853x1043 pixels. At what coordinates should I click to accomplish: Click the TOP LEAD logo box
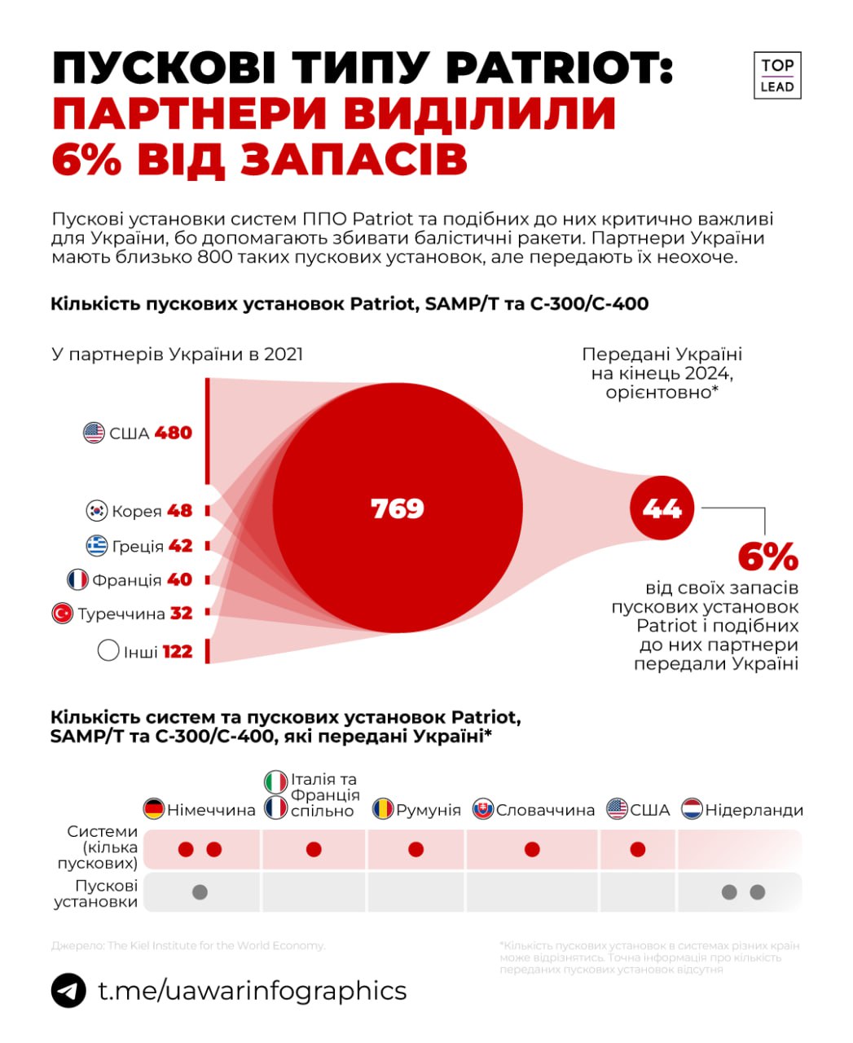[x=777, y=76]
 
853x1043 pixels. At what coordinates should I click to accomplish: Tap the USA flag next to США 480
[x=95, y=433]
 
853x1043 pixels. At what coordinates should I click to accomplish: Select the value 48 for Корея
[x=179, y=511]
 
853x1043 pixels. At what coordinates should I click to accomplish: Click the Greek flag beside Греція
[x=97, y=546]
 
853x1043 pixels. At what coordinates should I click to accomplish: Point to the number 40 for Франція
[x=179, y=579]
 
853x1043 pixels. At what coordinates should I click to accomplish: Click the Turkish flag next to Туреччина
[x=63, y=614]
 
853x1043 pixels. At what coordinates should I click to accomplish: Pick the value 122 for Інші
[x=177, y=651]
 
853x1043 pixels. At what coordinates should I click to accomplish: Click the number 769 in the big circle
[x=398, y=508]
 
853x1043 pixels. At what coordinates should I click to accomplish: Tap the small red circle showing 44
[x=662, y=508]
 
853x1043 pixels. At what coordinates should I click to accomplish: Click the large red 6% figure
[x=767, y=557]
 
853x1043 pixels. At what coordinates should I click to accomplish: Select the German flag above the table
[x=154, y=809]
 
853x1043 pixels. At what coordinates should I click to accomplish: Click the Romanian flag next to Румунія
[x=383, y=809]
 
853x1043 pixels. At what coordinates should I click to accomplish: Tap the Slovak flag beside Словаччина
[x=483, y=809]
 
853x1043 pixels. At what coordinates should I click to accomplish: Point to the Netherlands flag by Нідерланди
[x=692, y=809]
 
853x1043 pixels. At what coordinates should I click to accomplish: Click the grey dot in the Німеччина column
[x=200, y=892]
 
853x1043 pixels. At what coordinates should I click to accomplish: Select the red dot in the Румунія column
[x=416, y=850]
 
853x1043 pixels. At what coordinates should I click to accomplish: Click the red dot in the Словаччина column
[x=532, y=850]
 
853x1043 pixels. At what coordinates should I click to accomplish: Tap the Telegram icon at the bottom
[x=68, y=991]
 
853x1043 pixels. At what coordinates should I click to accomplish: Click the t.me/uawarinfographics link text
[x=252, y=991]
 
